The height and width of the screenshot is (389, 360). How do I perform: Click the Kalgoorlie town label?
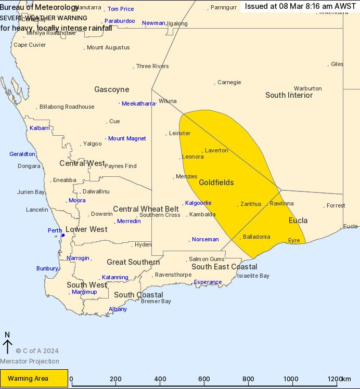click(x=199, y=203)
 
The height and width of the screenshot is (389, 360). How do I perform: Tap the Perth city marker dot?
click(x=63, y=235)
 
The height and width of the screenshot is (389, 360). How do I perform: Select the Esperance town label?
click(x=208, y=282)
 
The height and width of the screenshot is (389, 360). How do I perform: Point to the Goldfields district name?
click(x=216, y=183)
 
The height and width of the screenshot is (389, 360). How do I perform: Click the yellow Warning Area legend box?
click(x=34, y=378)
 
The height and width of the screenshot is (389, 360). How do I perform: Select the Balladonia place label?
click(x=256, y=237)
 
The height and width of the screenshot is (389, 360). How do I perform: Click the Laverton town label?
click(x=216, y=150)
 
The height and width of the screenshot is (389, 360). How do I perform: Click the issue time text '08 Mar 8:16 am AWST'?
click(x=300, y=6)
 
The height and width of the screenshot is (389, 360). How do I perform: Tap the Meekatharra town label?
click(x=138, y=103)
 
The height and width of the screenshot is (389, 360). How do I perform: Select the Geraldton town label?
click(x=22, y=154)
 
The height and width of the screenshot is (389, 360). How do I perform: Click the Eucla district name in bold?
click(x=298, y=221)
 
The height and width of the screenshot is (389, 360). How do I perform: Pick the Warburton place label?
click(x=307, y=88)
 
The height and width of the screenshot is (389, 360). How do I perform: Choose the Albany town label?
click(x=118, y=309)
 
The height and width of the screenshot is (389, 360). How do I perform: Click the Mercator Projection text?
click(x=30, y=361)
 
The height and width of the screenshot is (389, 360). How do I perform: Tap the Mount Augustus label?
click(x=108, y=48)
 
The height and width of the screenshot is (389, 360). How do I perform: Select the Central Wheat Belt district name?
click(x=146, y=209)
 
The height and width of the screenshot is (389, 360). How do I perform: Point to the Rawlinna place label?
click(x=281, y=203)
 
